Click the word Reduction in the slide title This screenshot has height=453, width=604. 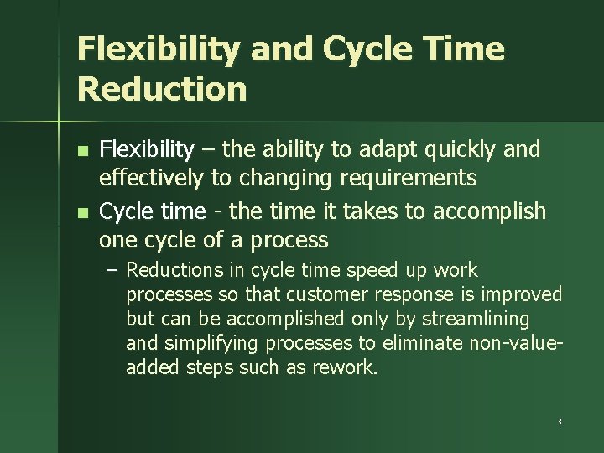point(162,88)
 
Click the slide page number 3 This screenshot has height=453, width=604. point(559,421)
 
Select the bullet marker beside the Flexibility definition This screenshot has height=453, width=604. point(81,151)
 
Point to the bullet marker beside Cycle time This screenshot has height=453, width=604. point(81,213)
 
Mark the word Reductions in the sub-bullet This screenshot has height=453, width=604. point(174,271)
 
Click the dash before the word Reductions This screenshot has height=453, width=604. point(112,271)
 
